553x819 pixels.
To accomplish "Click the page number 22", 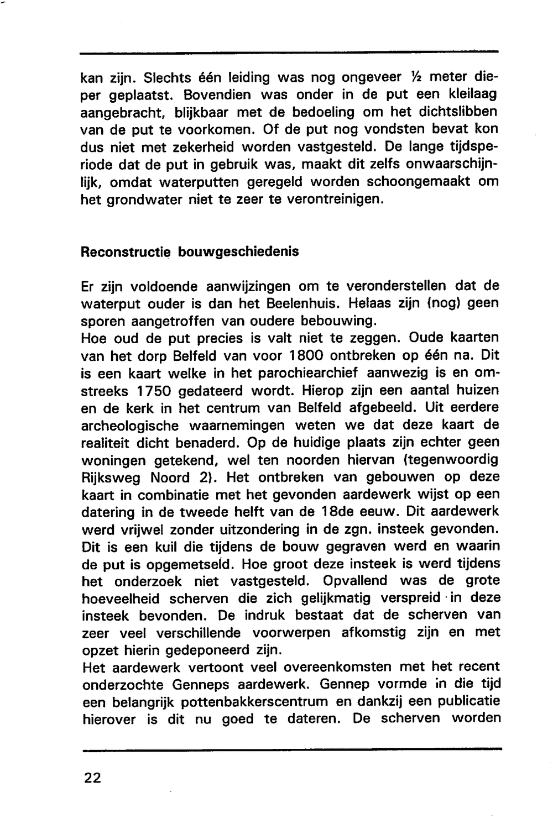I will pos(92,778).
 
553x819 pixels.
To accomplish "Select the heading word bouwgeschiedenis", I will pos(238,252).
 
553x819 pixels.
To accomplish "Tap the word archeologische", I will pos(129,426).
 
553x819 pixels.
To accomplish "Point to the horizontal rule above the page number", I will pos(291,749).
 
